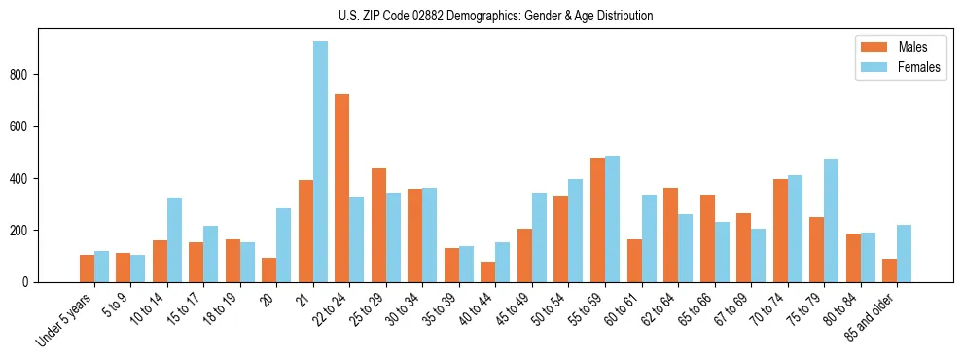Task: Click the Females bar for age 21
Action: [320, 162]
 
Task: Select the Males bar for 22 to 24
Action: [342, 188]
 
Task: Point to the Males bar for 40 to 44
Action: [488, 271]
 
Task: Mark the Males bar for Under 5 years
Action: [87, 269]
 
